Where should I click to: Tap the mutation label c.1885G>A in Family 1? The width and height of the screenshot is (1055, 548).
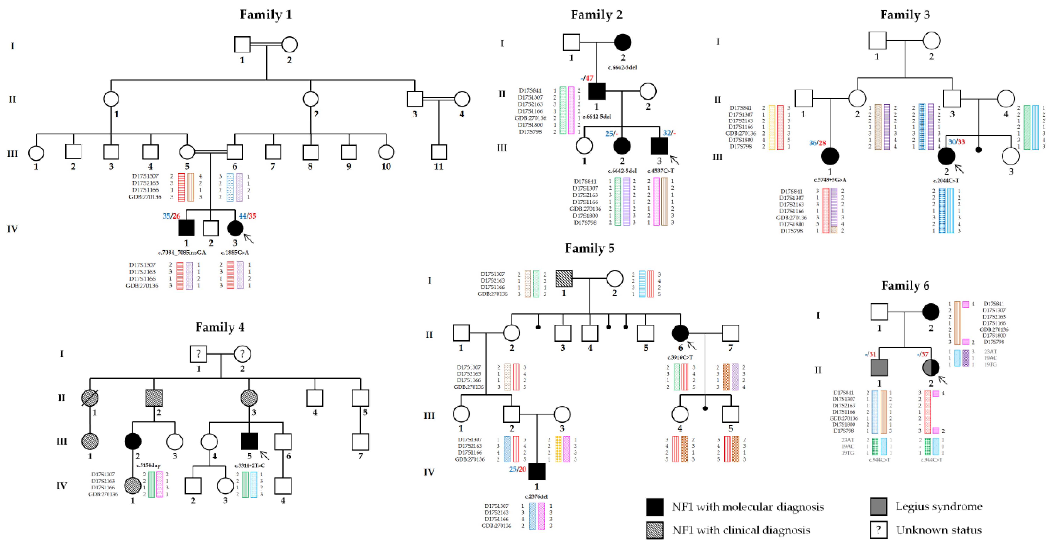tap(235, 252)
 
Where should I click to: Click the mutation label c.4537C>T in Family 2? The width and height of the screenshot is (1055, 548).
tap(661, 171)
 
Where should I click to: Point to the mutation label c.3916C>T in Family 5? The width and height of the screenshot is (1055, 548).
tap(680, 357)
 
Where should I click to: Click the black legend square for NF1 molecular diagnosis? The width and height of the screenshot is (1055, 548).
tap(655, 507)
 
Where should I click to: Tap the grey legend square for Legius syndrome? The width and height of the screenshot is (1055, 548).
tap(879, 506)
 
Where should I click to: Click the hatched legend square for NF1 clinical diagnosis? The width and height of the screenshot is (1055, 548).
tap(655, 530)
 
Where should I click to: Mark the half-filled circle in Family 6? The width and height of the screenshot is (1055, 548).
tap(931, 367)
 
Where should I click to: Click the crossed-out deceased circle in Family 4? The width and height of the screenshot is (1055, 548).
tap(90, 397)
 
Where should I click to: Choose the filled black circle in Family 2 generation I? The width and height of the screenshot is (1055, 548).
tap(623, 42)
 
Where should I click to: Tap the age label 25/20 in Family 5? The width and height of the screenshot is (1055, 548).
tap(517, 469)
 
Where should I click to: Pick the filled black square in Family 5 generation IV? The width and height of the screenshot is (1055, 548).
tap(536, 471)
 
